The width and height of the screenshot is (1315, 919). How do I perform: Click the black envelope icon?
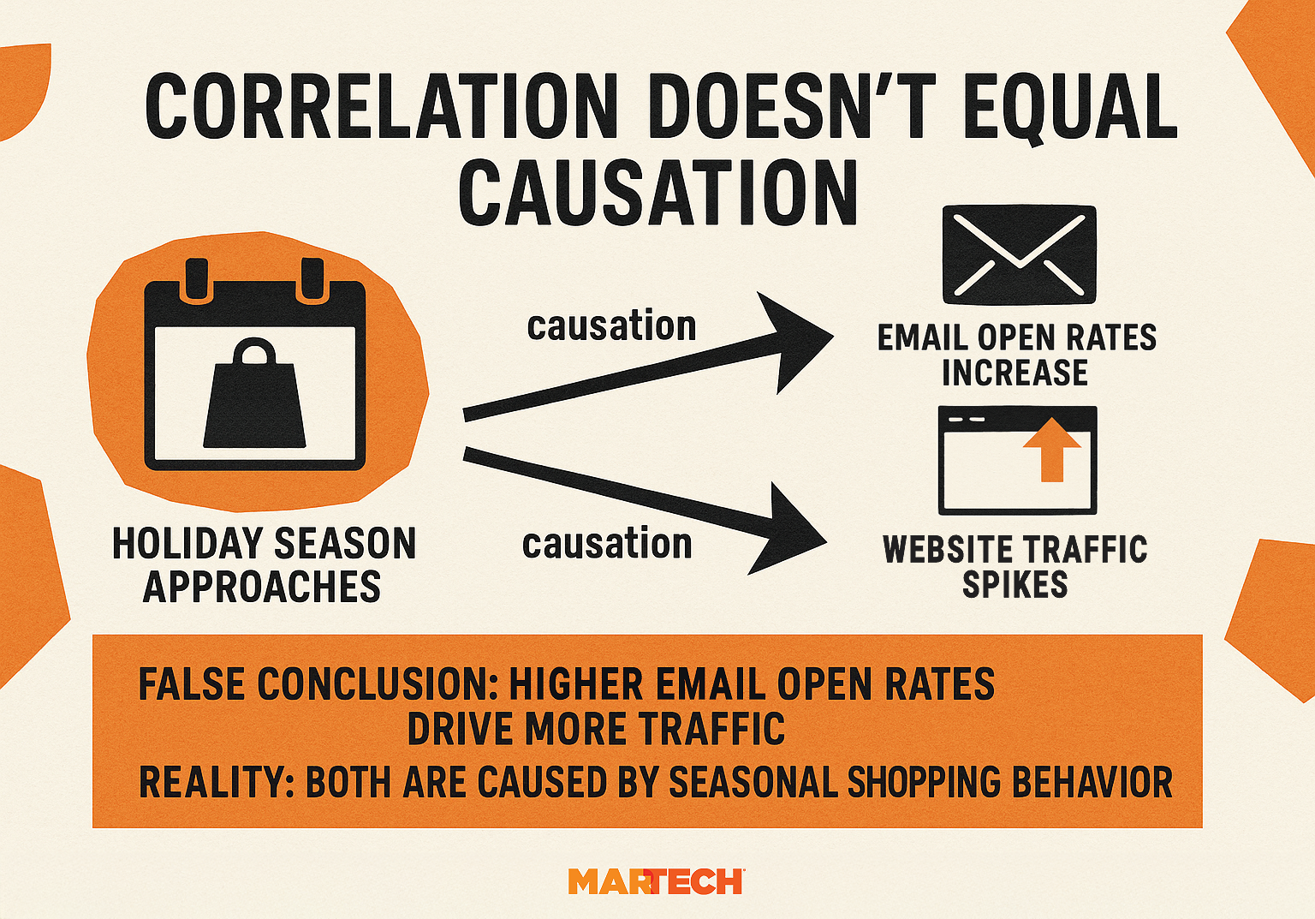tap(1019, 254)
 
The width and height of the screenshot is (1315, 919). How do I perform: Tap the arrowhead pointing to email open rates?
tap(792, 340)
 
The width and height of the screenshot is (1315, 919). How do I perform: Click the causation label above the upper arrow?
tap(611, 326)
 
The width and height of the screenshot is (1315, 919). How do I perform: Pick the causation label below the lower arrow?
tap(607, 545)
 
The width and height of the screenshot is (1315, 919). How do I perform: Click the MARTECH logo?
tap(656, 881)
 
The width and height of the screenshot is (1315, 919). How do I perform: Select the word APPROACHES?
tap(262, 588)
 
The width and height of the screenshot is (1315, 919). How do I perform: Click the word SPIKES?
tap(1015, 585)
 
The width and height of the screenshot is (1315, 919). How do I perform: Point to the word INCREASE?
tap(1015, 373)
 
